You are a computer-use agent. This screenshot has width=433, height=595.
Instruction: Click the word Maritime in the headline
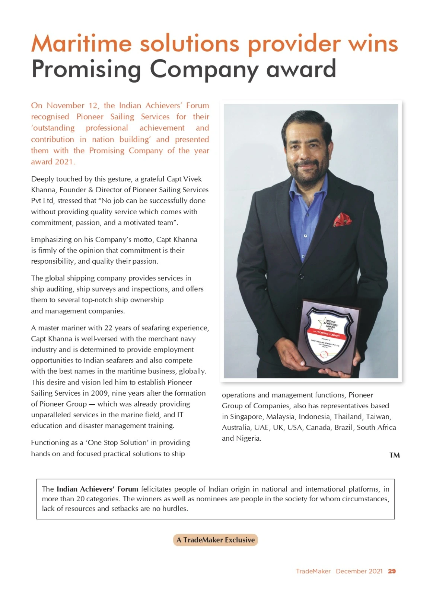(81, 44)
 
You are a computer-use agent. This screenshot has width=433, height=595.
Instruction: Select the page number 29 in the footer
(392, 571)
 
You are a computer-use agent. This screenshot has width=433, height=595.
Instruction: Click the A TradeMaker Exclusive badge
(216, 540)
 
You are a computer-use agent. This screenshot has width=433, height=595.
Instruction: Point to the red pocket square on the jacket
(342, 219)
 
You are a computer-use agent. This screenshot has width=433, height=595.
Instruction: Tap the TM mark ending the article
(394, 455)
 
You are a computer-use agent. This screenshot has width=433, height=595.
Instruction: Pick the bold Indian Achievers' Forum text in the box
(97, 489)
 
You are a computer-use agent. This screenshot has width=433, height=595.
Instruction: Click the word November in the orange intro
(66, 106)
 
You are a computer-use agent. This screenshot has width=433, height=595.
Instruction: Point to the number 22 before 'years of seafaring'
(108, 328)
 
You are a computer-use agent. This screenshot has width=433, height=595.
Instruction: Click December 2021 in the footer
(359, 571)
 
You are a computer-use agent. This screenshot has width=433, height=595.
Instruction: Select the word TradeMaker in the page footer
(313, 571)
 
